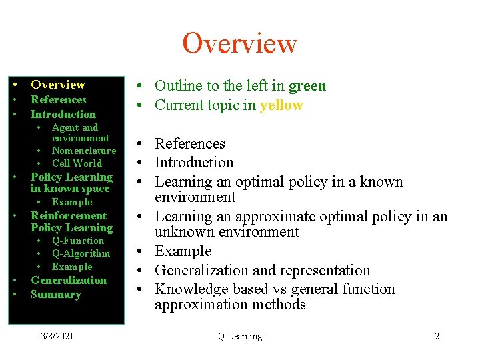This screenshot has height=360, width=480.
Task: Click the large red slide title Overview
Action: (239, 43)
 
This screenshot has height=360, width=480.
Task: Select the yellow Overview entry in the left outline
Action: (58, 85)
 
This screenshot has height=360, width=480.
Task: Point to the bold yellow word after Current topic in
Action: (281, 105)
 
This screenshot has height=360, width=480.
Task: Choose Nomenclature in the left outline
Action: (84, 151)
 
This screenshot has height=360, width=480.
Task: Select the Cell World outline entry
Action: (77, 163)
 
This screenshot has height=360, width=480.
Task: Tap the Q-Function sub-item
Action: (78, 241)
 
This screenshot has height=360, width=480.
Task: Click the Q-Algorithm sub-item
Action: (81, 253)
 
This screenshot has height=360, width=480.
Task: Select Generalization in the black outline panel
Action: (69, 280)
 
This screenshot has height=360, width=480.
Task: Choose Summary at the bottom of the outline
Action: (56, 295)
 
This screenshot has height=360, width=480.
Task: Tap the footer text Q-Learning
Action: (240, 336)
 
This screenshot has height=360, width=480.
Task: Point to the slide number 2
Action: (437, 336)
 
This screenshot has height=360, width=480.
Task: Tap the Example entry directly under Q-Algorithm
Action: (72, 267)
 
